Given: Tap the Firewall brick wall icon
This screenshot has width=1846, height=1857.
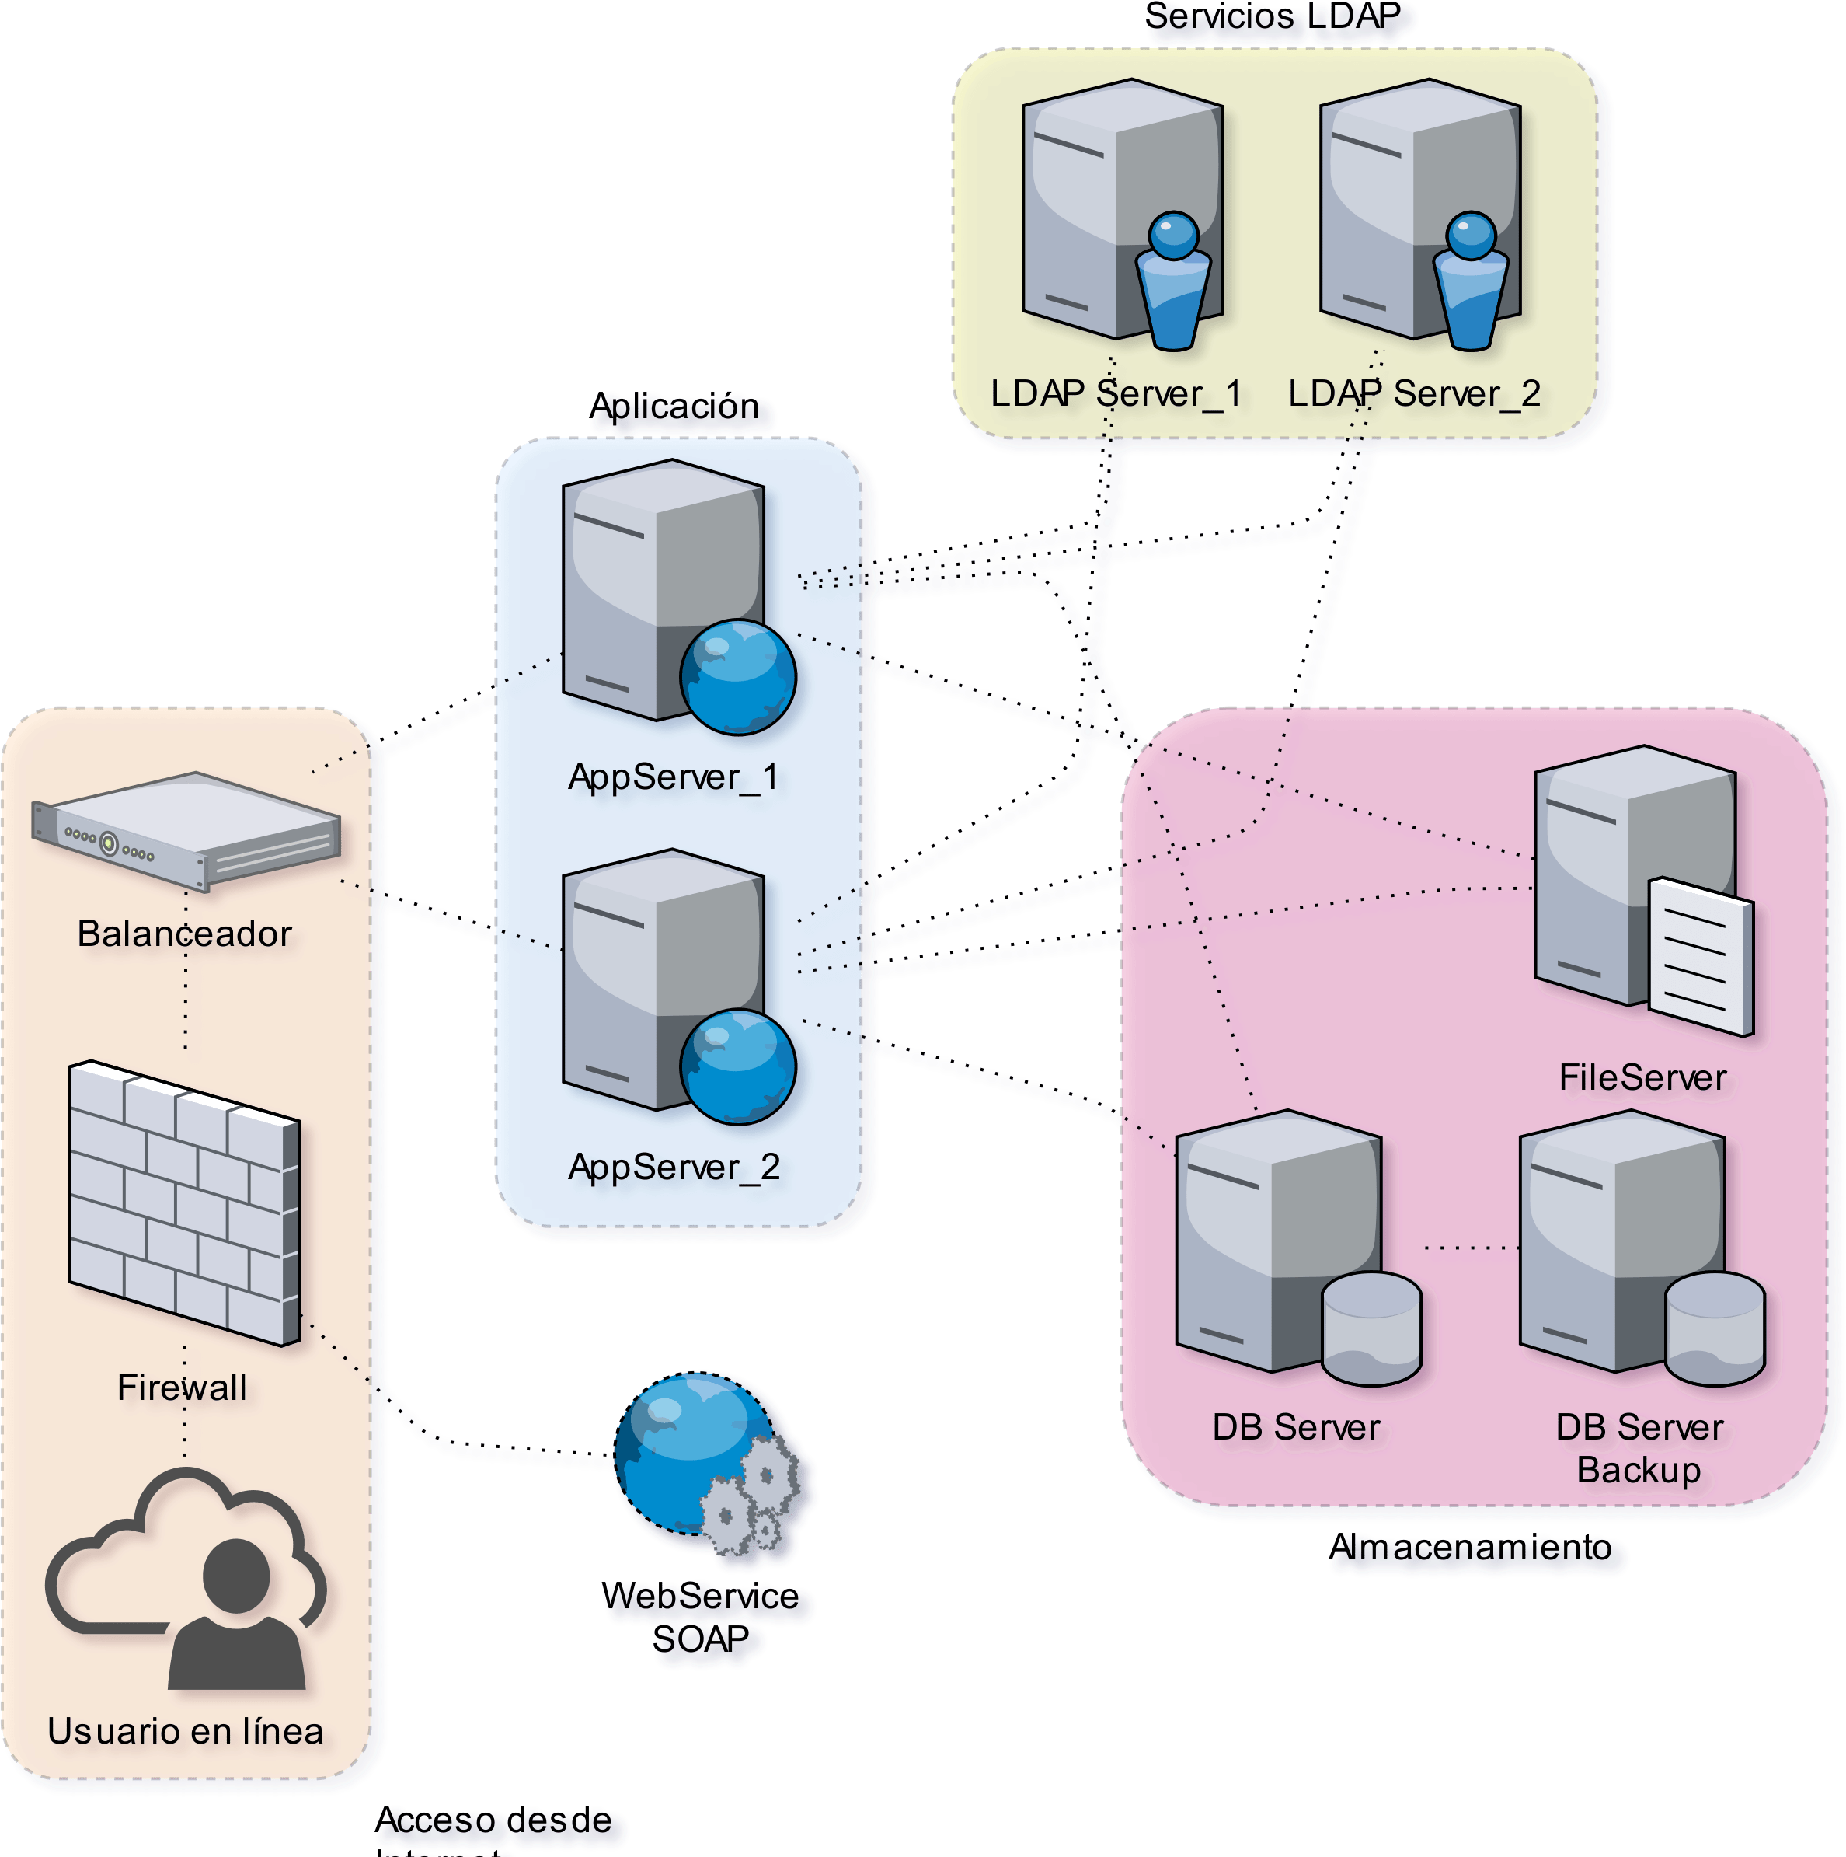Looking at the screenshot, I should pos(184,1202).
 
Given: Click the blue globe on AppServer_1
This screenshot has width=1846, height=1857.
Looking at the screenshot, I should pos(738,677).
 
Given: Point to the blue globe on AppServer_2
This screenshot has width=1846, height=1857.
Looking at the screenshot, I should pos(738,1066).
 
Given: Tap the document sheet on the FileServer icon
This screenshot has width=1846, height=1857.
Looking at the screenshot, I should pos(1701,955).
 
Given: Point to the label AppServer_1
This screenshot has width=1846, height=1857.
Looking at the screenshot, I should pos(673,777).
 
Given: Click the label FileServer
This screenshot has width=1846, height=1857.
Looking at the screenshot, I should pos(1642,1077).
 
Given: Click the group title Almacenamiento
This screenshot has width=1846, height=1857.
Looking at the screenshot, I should pos(1476,1548).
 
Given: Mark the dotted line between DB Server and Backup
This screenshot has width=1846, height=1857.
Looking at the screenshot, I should pos(1470,1248).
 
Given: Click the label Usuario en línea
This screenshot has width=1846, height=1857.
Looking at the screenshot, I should pos(186,1731).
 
